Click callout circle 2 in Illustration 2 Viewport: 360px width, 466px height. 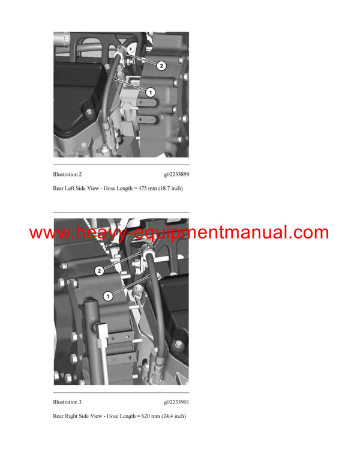(x=161, y=65)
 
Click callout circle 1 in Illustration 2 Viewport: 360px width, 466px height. (x=150, y=92)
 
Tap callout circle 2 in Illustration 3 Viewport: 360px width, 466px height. (x=100, y=271)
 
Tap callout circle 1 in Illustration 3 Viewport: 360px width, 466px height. (x=109, y=295)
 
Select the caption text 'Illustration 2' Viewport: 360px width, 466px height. (x=67, y=174)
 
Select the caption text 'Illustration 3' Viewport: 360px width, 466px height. (x=67, y=402)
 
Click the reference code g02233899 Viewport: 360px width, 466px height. (x=176, y=174)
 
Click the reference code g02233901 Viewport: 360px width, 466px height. (x=176, y=402)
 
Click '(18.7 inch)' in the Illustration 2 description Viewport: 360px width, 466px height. (x=169, y=189)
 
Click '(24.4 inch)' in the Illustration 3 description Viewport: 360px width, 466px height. (x=172, y=416)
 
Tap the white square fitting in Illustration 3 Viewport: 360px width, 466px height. (x=103, y=329)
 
